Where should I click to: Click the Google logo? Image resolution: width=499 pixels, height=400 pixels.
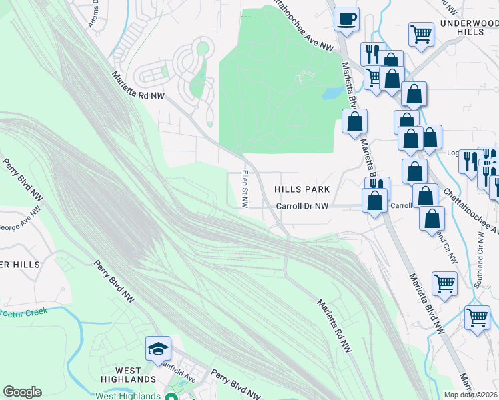tap(22, 392)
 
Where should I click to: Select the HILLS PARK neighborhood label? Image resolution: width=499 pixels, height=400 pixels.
tap(302, 190)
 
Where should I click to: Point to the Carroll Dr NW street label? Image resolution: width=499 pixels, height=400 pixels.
tap(303, 207)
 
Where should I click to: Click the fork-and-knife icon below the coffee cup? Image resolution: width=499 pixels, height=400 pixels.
tap(372, 53)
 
